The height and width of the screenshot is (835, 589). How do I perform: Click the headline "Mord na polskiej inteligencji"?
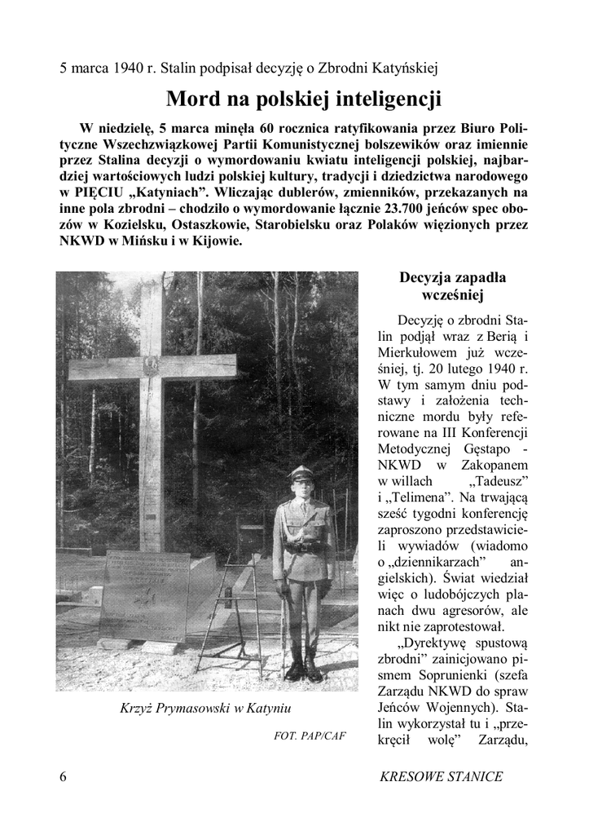click(x=304, y=99)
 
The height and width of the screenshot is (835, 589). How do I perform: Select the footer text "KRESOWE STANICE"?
click(x=441, y=776)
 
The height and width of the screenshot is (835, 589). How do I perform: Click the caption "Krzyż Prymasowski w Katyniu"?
click(x=206, y=708)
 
